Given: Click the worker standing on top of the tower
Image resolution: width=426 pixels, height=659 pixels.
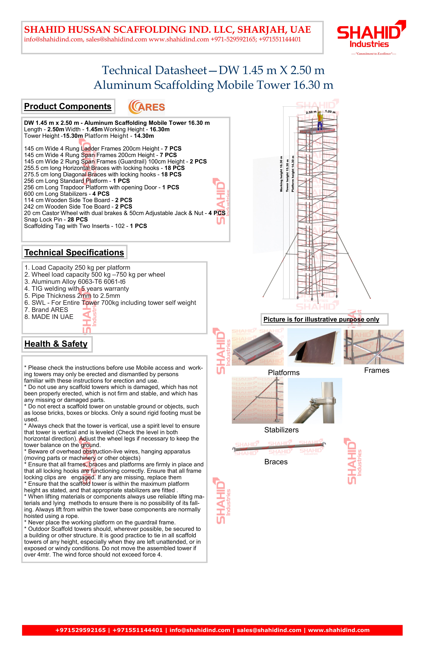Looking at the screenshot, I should tap(320, 120).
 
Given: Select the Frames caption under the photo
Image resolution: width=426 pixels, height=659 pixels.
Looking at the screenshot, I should tap(376, 370).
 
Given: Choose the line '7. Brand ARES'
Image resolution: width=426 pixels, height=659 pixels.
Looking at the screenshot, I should tap(46, 310).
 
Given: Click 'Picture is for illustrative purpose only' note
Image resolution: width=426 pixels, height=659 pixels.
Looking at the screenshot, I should tap(321, 319).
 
